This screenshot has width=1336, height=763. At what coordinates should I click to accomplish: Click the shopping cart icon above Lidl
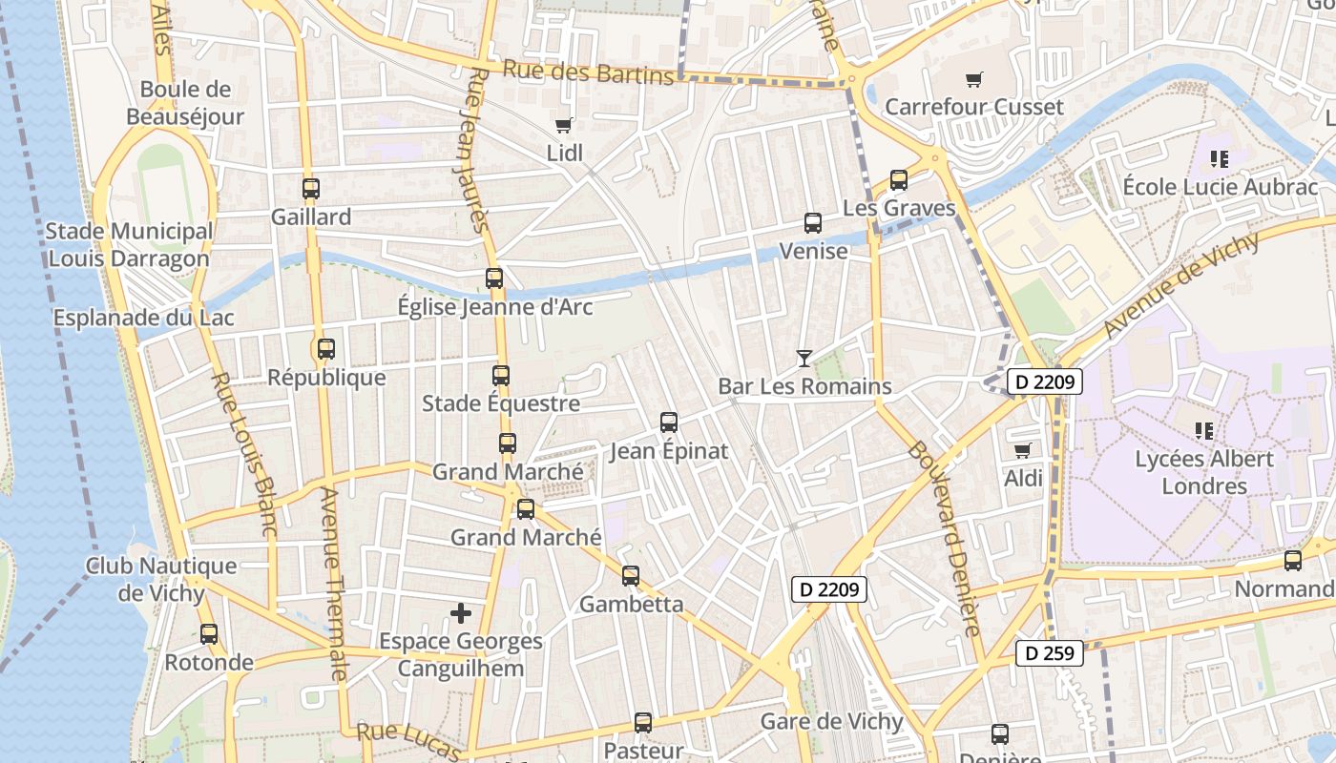(x=563, y=125)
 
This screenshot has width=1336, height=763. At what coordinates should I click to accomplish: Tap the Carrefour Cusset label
(x=973, y=106)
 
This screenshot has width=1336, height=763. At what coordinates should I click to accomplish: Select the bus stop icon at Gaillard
(x=310, y=188)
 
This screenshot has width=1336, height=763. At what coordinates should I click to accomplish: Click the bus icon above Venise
(x=813, y=223)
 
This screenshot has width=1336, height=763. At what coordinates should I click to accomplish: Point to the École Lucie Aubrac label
(x=1220, y=186)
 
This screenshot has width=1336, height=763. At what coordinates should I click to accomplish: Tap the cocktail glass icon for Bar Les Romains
(x=804, y=359)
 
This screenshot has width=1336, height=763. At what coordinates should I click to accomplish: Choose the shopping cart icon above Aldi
(x=1022, y=450)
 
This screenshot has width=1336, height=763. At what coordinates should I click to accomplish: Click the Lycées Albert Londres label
(x=1203, y=472)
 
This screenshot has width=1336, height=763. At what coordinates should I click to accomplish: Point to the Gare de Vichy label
(x=831, y=721)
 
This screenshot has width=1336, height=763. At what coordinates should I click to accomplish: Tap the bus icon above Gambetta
(x=631, y=576)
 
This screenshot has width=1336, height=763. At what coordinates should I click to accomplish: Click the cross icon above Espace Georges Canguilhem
(x=461, y=612)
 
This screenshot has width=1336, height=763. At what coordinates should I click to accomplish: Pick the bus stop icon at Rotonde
(x=209, y=633)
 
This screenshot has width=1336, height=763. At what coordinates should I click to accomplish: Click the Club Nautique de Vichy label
(x=161, y=579)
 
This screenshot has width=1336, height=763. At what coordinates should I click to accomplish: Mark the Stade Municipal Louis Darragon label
(x=129, y=245)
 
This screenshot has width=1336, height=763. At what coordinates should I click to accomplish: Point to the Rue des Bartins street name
(x=588, y=72)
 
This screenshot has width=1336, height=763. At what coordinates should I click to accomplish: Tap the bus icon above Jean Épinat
(x=669, y=422)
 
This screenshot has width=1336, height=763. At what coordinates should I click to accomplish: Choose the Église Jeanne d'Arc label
(x=494, y=307)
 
